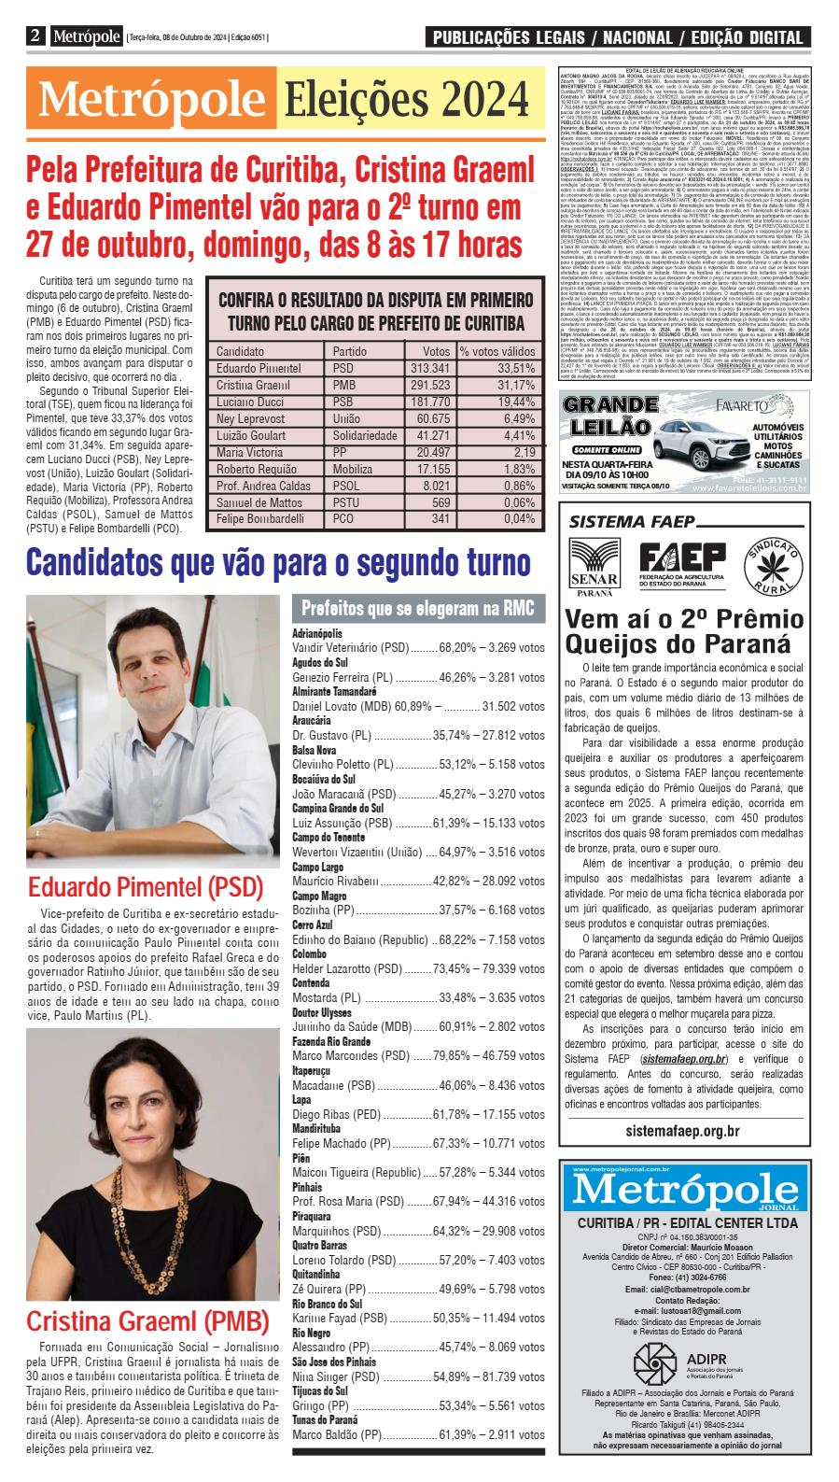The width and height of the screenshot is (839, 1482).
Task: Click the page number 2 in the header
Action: (x=35, y=36)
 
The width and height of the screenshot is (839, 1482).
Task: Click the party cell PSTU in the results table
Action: (x=344, y=502)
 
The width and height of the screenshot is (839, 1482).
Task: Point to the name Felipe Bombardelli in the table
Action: (x=259, y=518)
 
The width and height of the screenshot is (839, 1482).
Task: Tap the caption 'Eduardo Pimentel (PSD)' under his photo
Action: (x=146, y=886)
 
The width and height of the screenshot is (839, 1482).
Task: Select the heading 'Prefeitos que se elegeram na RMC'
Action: (x=417, y=609)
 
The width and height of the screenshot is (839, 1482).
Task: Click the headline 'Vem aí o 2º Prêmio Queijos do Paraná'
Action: (x=677, y=631)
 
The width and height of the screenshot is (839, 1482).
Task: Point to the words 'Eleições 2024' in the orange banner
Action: (x=406, y=97)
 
